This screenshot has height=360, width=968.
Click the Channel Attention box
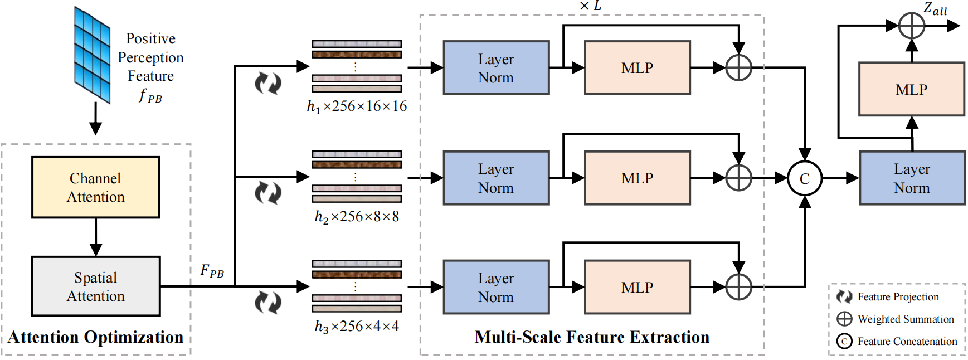96,187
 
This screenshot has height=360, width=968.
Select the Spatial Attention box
96,286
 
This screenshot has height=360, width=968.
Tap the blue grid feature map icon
93,55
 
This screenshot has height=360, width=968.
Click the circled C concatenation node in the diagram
804,178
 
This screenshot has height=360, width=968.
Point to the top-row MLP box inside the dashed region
637,68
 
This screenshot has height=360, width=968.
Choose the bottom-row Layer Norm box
496,287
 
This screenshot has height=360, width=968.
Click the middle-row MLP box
637,178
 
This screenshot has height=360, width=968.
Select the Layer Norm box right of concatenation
912,178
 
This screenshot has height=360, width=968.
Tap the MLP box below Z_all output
911,89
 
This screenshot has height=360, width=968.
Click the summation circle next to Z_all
912,26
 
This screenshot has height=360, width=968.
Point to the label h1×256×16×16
357,106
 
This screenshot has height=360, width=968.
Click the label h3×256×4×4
357,327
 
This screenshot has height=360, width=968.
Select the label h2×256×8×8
357,217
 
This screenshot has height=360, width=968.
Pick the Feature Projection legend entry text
898,297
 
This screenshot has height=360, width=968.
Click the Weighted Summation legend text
906,319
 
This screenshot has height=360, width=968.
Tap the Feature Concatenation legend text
907,342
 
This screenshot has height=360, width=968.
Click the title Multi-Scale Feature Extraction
592,337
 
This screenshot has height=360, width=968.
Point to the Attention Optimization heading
95,337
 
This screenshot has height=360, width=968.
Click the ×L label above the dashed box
590,6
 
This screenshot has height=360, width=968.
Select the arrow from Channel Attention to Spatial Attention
96,237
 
